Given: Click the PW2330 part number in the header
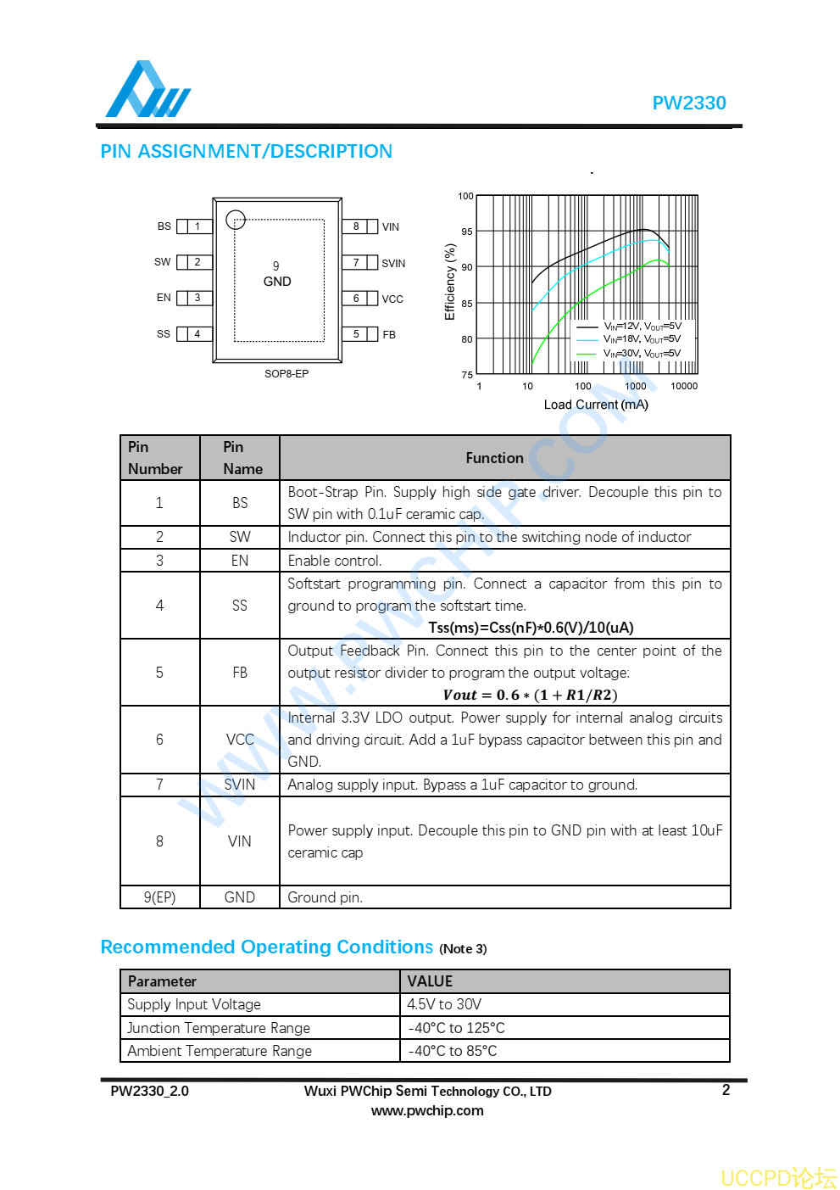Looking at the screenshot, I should coord(688,103).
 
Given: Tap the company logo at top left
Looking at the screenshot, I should coord(147,90).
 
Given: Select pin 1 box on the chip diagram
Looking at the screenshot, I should coord(197,226).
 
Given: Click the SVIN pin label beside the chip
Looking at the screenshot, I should coord(393,264).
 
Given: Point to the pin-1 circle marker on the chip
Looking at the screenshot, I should coord(236,220).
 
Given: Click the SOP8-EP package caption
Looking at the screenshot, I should coord(286,374).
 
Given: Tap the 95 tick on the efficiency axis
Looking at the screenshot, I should coord(467,232).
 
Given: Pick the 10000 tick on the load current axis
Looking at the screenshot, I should coord(684,387).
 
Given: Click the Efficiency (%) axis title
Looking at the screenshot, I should coord(450,282).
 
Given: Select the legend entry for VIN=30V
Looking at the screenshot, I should coord(642,354).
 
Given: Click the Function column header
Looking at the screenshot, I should coord(494,458).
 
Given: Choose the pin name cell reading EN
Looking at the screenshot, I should coord(240,561).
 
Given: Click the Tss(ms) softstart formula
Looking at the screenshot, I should coord(531,628).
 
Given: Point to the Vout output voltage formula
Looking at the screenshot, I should coord(530,696).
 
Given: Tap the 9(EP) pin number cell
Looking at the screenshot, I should coord(159,897).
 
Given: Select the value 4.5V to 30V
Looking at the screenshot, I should coord(444,1004).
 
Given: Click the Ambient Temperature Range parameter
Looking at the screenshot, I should coord(220,1051).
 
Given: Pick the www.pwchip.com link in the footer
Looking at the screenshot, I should coord(427,1111).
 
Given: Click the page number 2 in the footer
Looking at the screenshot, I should coord(726,1090).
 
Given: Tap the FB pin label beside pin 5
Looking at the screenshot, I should coord(389,335).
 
